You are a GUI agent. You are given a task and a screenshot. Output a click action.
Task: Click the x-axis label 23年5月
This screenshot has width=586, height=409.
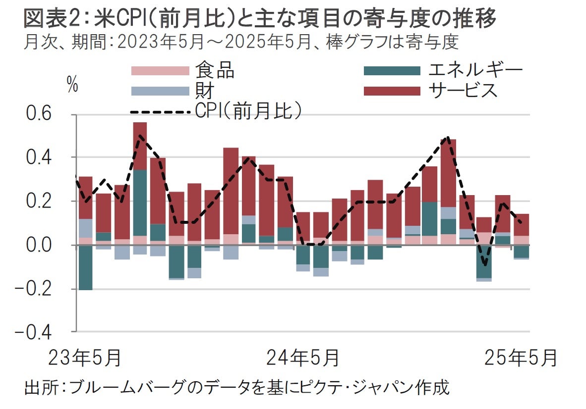coord(84,358)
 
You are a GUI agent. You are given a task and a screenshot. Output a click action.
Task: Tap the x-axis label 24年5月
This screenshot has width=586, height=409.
coord(303,358)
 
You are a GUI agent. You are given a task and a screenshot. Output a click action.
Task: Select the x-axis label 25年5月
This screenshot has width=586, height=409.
coord(521,358)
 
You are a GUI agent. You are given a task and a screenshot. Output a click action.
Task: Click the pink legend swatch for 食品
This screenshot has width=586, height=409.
coord(160,71)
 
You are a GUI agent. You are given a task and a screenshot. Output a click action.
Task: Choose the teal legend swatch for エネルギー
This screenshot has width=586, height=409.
coord(392,71)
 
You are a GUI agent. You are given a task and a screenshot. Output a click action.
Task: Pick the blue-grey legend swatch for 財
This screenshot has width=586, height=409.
coord(160,91)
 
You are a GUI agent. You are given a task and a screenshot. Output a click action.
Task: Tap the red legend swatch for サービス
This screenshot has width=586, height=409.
coord(392,91)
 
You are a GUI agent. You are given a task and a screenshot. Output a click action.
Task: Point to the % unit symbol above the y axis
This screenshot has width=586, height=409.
coord(72,86)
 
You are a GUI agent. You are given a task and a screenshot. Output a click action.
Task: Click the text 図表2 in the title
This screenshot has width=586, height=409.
coord(49,20)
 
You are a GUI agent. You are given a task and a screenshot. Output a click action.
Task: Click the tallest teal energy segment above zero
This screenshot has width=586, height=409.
coord(140,203)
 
